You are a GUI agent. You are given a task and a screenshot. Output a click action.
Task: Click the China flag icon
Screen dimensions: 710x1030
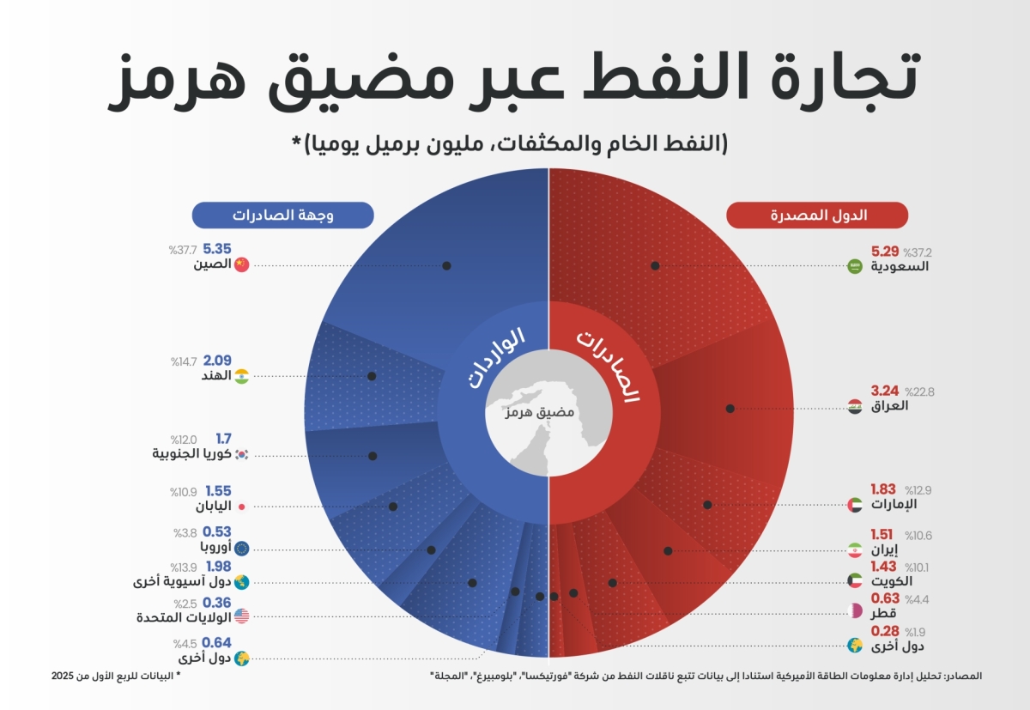click(241, 264)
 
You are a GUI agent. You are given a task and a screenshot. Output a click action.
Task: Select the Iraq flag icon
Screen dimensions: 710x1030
click(855, 406)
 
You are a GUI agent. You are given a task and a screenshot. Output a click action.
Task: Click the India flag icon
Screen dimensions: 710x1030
click(241, 376)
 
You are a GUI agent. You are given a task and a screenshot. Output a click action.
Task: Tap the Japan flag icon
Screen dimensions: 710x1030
click(241, 507)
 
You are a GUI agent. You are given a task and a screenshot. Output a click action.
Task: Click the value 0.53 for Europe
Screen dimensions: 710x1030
click(217, 533)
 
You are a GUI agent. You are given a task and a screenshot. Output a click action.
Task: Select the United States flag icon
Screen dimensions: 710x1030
click(241, 616)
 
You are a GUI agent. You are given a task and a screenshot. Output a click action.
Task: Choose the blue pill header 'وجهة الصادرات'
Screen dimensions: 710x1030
click(282, 215)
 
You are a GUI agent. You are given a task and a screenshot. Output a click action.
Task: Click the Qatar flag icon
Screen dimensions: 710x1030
click(855, 612)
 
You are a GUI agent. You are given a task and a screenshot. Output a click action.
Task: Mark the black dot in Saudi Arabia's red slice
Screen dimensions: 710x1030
click(655, 265)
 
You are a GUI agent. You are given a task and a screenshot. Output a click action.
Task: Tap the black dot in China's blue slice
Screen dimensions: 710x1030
click(447, 265)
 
